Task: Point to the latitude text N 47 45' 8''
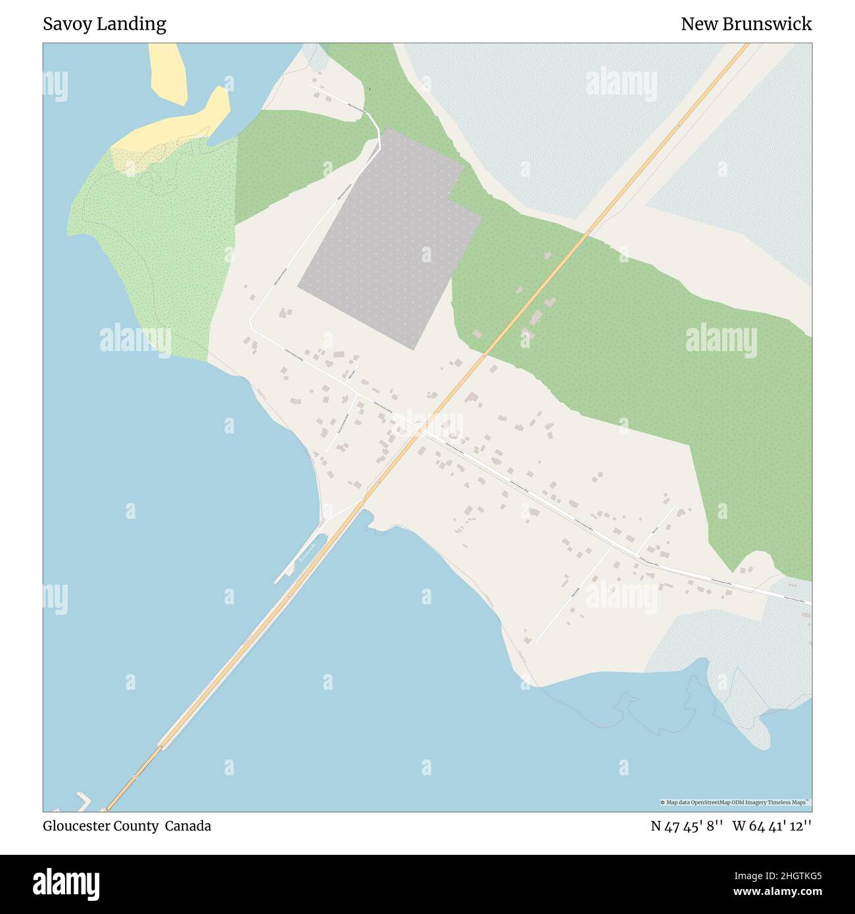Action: (x=687, y=826)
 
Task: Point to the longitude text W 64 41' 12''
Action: (x=772, y=826)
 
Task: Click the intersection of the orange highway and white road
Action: (x=418, y=431)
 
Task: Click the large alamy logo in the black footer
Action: (x=66, y=883)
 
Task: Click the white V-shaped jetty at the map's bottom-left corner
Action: (x=84, y=800)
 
